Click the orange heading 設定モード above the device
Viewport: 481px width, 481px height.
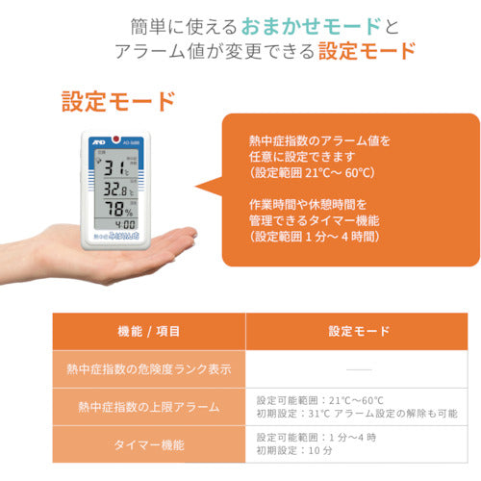117,101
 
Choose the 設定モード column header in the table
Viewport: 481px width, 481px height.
359,330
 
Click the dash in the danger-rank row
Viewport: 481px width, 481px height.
358,368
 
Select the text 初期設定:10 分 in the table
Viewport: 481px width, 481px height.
295,452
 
